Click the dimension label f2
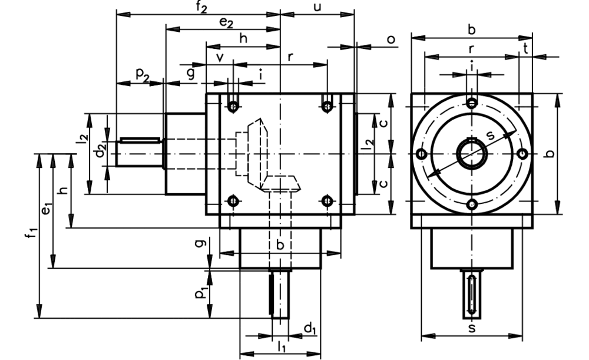click(199, 8)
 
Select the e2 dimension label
click(226, 22)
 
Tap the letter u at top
click(317, 7)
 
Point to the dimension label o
click(391, 39)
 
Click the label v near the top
click(220, 57)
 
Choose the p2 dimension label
click(141, 74)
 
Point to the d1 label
click(309, 328)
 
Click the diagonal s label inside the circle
click(491, 135)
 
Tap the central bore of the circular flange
click(471, 154)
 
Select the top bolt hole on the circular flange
click(471, 104)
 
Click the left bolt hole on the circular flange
click(421, 154)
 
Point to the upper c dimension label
click(383, 123)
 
